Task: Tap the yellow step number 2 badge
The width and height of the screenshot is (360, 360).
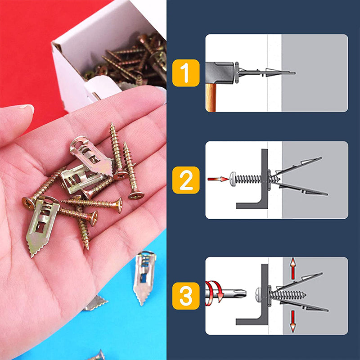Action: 186,180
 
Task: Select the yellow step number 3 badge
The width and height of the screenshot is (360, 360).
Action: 186,296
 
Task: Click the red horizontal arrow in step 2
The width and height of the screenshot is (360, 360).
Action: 218,179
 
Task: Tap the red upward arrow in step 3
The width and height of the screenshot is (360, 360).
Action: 292,269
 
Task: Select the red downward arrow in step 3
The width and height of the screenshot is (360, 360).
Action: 292,321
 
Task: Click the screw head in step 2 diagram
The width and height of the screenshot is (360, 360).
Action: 234,179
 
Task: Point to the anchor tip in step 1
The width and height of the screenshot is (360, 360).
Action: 292,72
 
